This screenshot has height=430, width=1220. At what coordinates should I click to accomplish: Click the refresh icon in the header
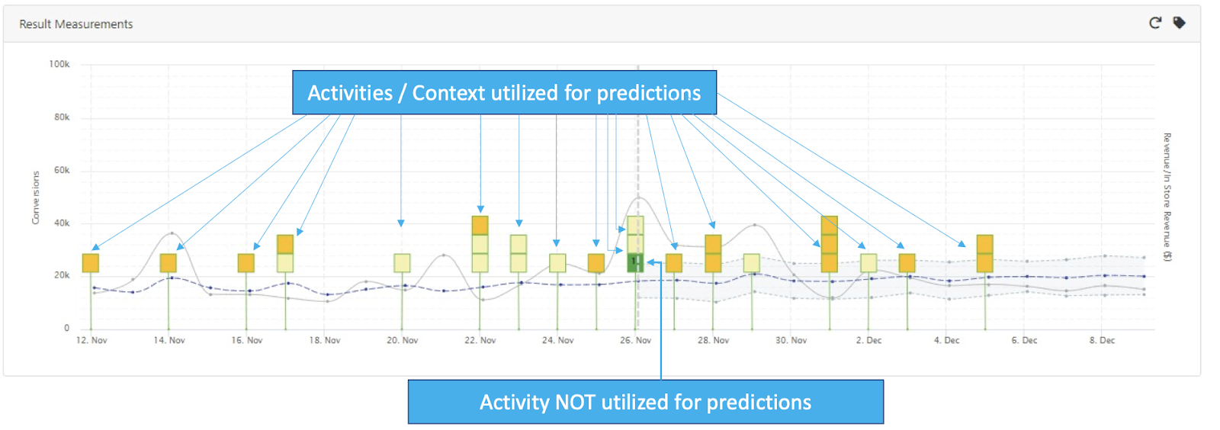(x=1154, y=23)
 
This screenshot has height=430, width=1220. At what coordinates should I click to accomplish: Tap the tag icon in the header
(x=1179, y=23)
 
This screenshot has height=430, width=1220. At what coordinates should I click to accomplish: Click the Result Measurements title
(x=75, y=24)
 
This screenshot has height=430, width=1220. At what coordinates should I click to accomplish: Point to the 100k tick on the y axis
(x=59, y=64)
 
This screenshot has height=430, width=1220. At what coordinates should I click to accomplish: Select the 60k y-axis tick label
(x=62, y=170)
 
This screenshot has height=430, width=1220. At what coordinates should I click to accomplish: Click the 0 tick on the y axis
(x=66, y=328)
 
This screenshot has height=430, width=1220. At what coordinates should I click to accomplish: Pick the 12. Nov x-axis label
(x=91, y=340)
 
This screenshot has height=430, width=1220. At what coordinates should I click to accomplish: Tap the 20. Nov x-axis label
(x=403, y=340)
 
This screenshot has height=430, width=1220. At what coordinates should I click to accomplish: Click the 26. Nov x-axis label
(x=636, y=340)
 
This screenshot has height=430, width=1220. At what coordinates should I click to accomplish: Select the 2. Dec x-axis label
(x=868, y=340)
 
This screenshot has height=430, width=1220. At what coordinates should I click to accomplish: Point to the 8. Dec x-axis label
(x=1102, y=340)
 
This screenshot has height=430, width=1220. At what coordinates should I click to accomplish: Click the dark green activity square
(x=635, y=263)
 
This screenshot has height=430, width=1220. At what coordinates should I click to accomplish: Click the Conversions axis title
(x=35, y=197)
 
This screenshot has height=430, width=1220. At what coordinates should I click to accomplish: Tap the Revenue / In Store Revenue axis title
(x=1167, y=197)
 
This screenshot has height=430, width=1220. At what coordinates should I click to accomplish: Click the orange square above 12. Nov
(x=91, y=263)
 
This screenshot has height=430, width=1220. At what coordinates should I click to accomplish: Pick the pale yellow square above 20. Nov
(x=402, y=263)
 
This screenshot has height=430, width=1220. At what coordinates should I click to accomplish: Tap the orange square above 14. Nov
(x=169, y=263)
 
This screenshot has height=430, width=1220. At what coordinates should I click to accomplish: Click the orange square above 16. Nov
(x=246, y=263)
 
